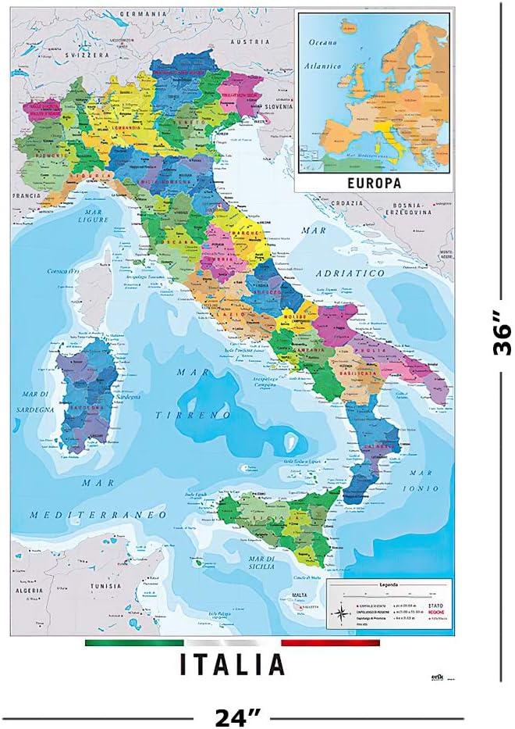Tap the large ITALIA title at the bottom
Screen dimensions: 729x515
[x=233, y=664]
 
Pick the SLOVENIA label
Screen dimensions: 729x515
[x=277, y=106]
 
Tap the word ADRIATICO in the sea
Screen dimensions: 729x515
[x=350, y=273]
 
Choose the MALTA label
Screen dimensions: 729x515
[x=292, y=595]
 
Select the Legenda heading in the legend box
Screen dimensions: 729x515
[x=388, y=585]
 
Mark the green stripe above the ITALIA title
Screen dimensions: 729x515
[x=122, y=643]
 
